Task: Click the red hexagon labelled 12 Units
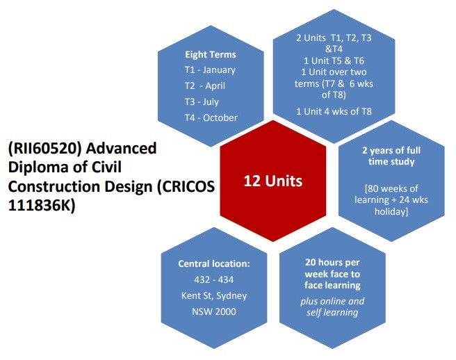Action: tap(272, 181)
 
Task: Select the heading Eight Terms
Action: tap(210, 54)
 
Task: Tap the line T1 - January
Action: tap(210, 69)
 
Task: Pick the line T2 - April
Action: tap(205, 85)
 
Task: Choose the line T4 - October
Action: tap(211, 117)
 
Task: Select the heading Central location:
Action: tap(212, 263)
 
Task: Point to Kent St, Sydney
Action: tap(213, 295)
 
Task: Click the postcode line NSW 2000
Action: tap(213, 311)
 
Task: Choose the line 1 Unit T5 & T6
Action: tap(332, 60)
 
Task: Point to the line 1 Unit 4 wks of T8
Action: tap(333, 111)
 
